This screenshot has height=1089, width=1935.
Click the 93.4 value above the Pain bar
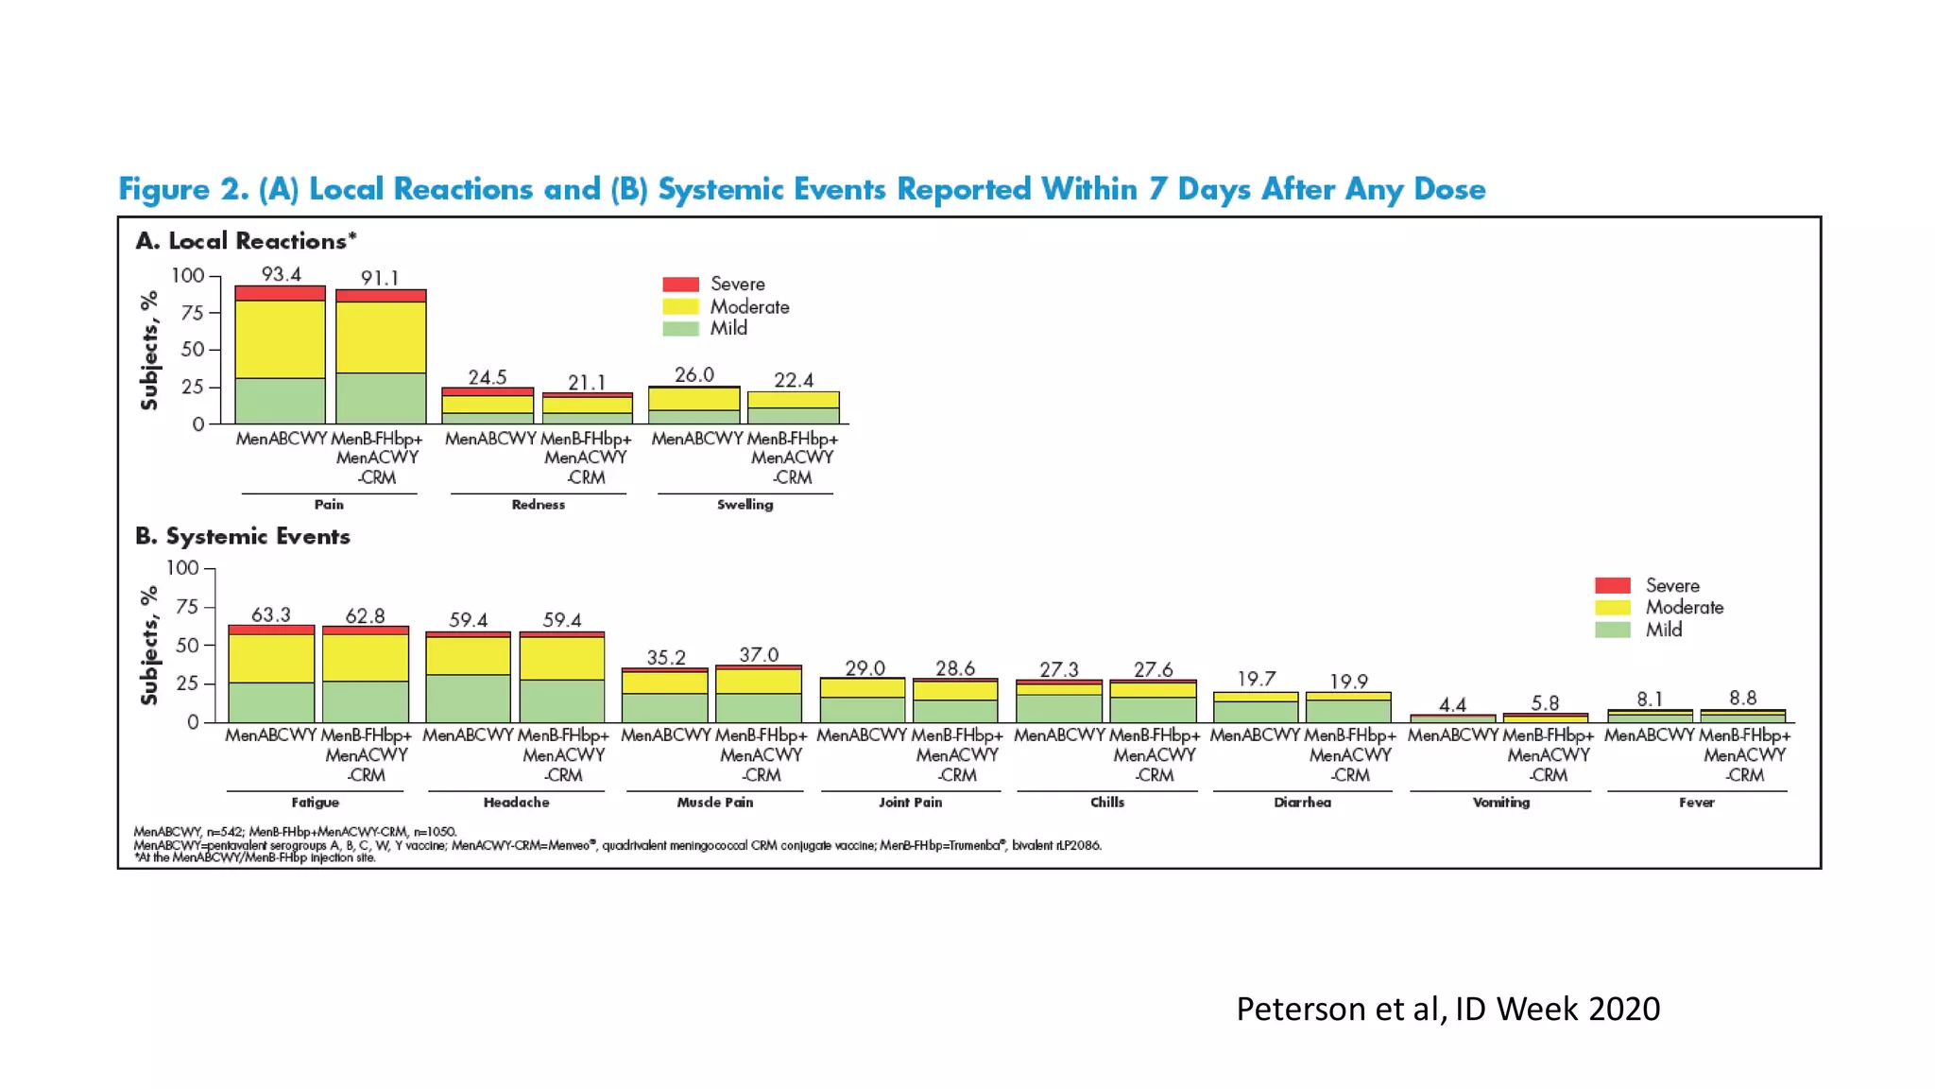282,274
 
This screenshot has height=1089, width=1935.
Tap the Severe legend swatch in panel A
680,284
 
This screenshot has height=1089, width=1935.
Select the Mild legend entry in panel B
1663,630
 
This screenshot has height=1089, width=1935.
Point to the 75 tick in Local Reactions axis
193,313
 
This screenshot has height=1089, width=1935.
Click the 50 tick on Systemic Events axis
187,646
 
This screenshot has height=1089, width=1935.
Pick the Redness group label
539,505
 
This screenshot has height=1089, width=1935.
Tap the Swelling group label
745,505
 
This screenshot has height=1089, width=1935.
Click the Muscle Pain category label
715,803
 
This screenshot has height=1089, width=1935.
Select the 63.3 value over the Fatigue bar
271,615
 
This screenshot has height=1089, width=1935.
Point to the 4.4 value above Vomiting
1452,704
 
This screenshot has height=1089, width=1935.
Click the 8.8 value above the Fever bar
1742,698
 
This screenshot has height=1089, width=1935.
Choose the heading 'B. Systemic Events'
243,536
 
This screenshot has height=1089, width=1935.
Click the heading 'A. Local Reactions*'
246,241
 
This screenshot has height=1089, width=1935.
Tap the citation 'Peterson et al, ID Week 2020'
1447,1009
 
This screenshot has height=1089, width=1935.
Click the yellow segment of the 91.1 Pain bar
381,337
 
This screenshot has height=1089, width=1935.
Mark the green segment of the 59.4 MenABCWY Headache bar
468,698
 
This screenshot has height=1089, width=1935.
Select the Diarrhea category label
1302,803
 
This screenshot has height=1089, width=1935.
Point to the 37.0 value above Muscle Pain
759,654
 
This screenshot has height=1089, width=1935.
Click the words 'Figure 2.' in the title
183,189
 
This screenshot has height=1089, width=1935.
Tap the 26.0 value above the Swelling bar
694,374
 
